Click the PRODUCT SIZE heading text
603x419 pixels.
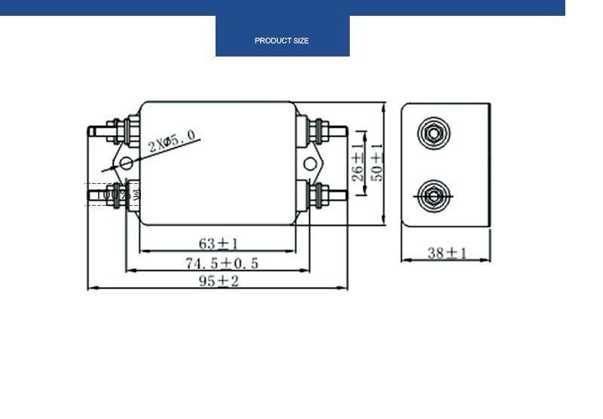(282, 41)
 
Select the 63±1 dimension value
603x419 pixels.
(218, 243)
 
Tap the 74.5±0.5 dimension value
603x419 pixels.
(222, 263)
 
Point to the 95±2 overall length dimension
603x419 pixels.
(219, 281)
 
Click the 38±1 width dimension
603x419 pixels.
(447, 253)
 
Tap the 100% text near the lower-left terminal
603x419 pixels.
(113, 194)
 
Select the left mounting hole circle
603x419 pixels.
(126, 163)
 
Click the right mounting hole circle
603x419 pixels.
(309, 164)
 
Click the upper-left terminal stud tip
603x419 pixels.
(92, 131)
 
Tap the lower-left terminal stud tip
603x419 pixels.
(92, 195)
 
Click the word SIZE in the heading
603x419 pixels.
(300, 41)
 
